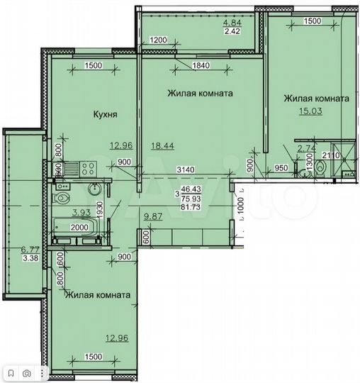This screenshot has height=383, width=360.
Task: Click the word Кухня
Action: (105, 113)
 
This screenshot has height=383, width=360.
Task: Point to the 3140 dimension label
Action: (186, 169)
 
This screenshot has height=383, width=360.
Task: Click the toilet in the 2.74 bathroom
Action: (320, 167)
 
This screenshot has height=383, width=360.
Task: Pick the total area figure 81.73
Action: (189, 207)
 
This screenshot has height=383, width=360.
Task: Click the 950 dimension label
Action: (281, 169)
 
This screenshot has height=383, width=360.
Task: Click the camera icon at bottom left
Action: (26, 372)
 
